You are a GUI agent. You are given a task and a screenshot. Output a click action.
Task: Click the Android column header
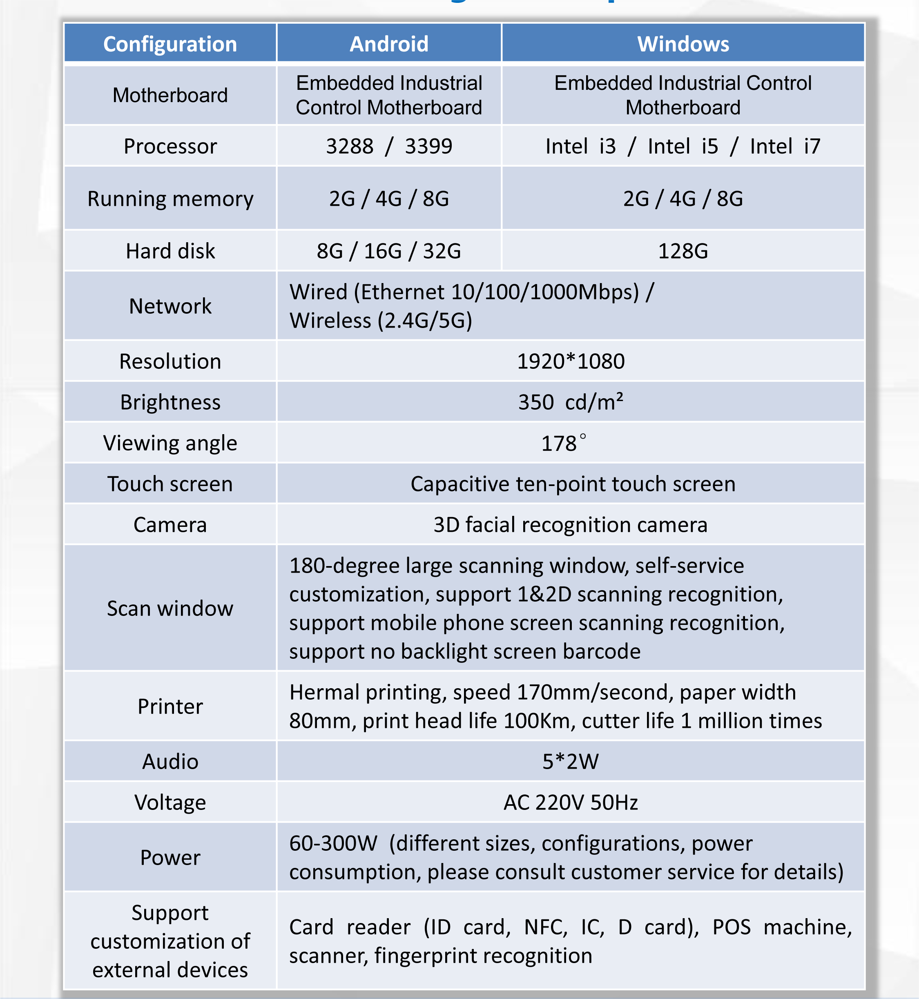click(x=389, y=44)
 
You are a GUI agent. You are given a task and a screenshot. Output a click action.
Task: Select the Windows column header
click(x=683, y=44)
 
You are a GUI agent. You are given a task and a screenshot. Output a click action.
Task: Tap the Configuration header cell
click(x=170, y=44)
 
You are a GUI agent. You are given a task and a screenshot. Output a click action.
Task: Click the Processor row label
click(x=170, y=146)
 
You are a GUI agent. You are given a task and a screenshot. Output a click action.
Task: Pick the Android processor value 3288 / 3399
click(x=389, y=146)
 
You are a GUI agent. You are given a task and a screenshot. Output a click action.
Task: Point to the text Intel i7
click(x=785, y=146)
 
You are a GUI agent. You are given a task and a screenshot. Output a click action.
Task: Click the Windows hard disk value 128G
click(x=683, y=251)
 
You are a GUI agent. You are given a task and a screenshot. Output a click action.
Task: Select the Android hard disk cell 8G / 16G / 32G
click(x=389, y=251)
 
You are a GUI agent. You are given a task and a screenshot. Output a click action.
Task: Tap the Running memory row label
click(x=170, y=199)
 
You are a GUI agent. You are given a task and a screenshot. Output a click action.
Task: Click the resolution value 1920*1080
click(x=571, y=361)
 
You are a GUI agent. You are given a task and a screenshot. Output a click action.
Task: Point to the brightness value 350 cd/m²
click(x=571, y=402)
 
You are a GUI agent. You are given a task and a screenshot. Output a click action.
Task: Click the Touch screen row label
click(x=170, y=484)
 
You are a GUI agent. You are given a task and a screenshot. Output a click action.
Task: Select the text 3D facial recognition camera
click(x=571, y=524)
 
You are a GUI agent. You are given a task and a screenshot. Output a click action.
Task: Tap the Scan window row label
click(x=170, y=608)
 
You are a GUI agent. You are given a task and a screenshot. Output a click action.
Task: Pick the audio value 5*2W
click(x=571, y=761)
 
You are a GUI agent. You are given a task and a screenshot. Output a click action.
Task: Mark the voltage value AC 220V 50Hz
click(x=571, y=802)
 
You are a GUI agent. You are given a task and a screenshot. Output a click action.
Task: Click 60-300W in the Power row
click(x=333, y=843)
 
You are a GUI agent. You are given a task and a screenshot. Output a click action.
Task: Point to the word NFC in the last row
click(x=546, y=927)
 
